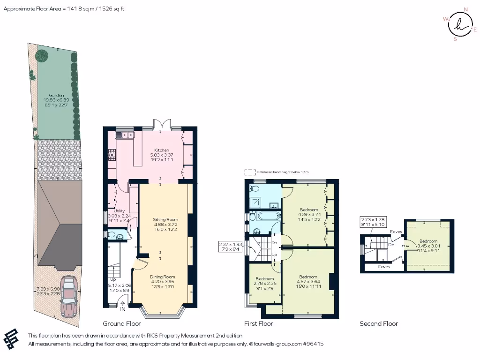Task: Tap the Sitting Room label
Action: coord(166,219)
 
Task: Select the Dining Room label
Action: coord(162,277)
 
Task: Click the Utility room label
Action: coord(120,211)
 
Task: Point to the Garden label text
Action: coord(56,95)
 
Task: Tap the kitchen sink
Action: coord(125,135)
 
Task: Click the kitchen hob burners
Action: coord(112,155)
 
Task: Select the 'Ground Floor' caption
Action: coord(122,323)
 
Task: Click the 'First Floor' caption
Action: coord(259,323)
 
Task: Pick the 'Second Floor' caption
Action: coord(379,323)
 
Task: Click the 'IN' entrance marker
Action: coord(123,309)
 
